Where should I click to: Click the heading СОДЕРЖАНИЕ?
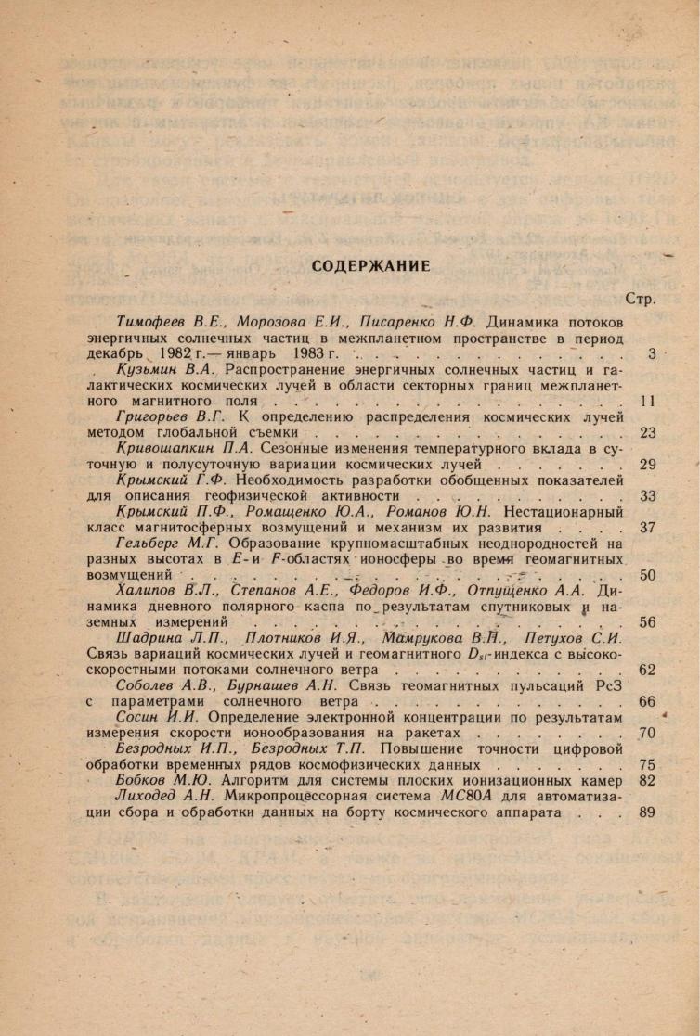pos(370,266)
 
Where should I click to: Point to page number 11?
pos(648,402)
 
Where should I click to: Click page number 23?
pos(648,433)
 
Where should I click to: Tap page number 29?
pos(648,465)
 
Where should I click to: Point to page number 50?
pos(648,575)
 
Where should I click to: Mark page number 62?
pos(648,670)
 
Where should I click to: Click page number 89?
pos(648,813)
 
